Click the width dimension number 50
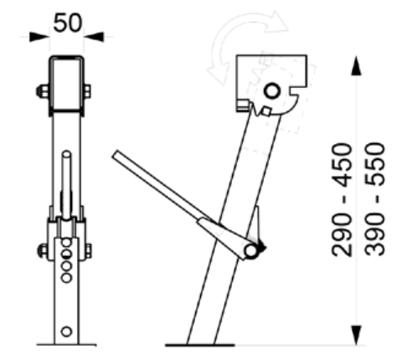tap(68, 23)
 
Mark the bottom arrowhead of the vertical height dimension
tap(357, 337)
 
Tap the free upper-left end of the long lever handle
tap(116, 154)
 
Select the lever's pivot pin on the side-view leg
tap(250, 249)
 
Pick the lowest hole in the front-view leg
tap(66, 332)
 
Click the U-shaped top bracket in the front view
tap(66, 84)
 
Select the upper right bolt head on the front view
tap(88, 90)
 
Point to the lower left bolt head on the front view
tap(42, 249)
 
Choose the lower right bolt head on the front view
tap(88, 249)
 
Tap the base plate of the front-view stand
tap(66, 343)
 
